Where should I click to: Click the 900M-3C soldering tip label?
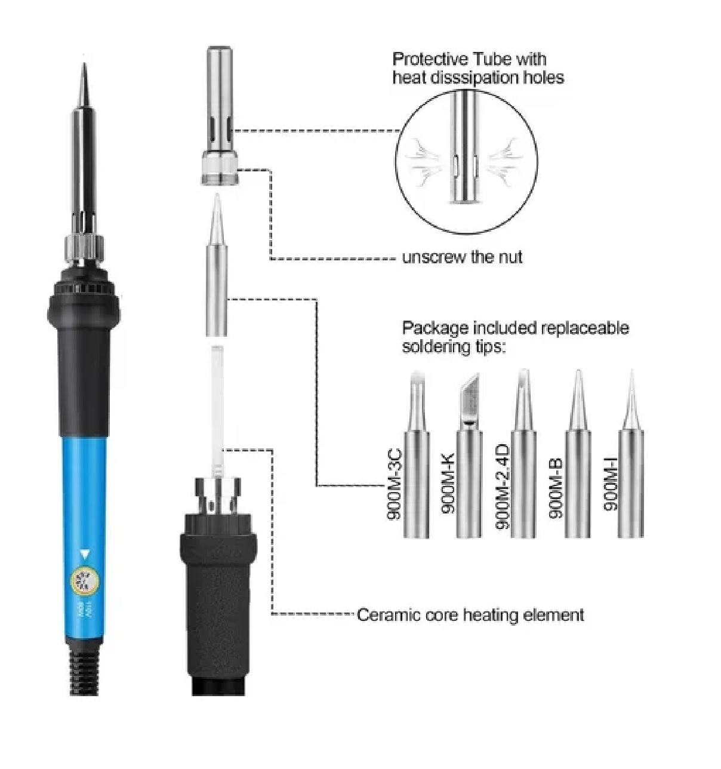point(395,484)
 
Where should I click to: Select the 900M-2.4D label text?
point(503,486)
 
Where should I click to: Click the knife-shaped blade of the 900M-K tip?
point(470,396)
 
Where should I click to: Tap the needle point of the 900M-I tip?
point(631,376)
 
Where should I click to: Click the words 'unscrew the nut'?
point(462,257)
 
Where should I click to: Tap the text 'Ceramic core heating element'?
point(470,614)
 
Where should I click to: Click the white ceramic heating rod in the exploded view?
point(217,406)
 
